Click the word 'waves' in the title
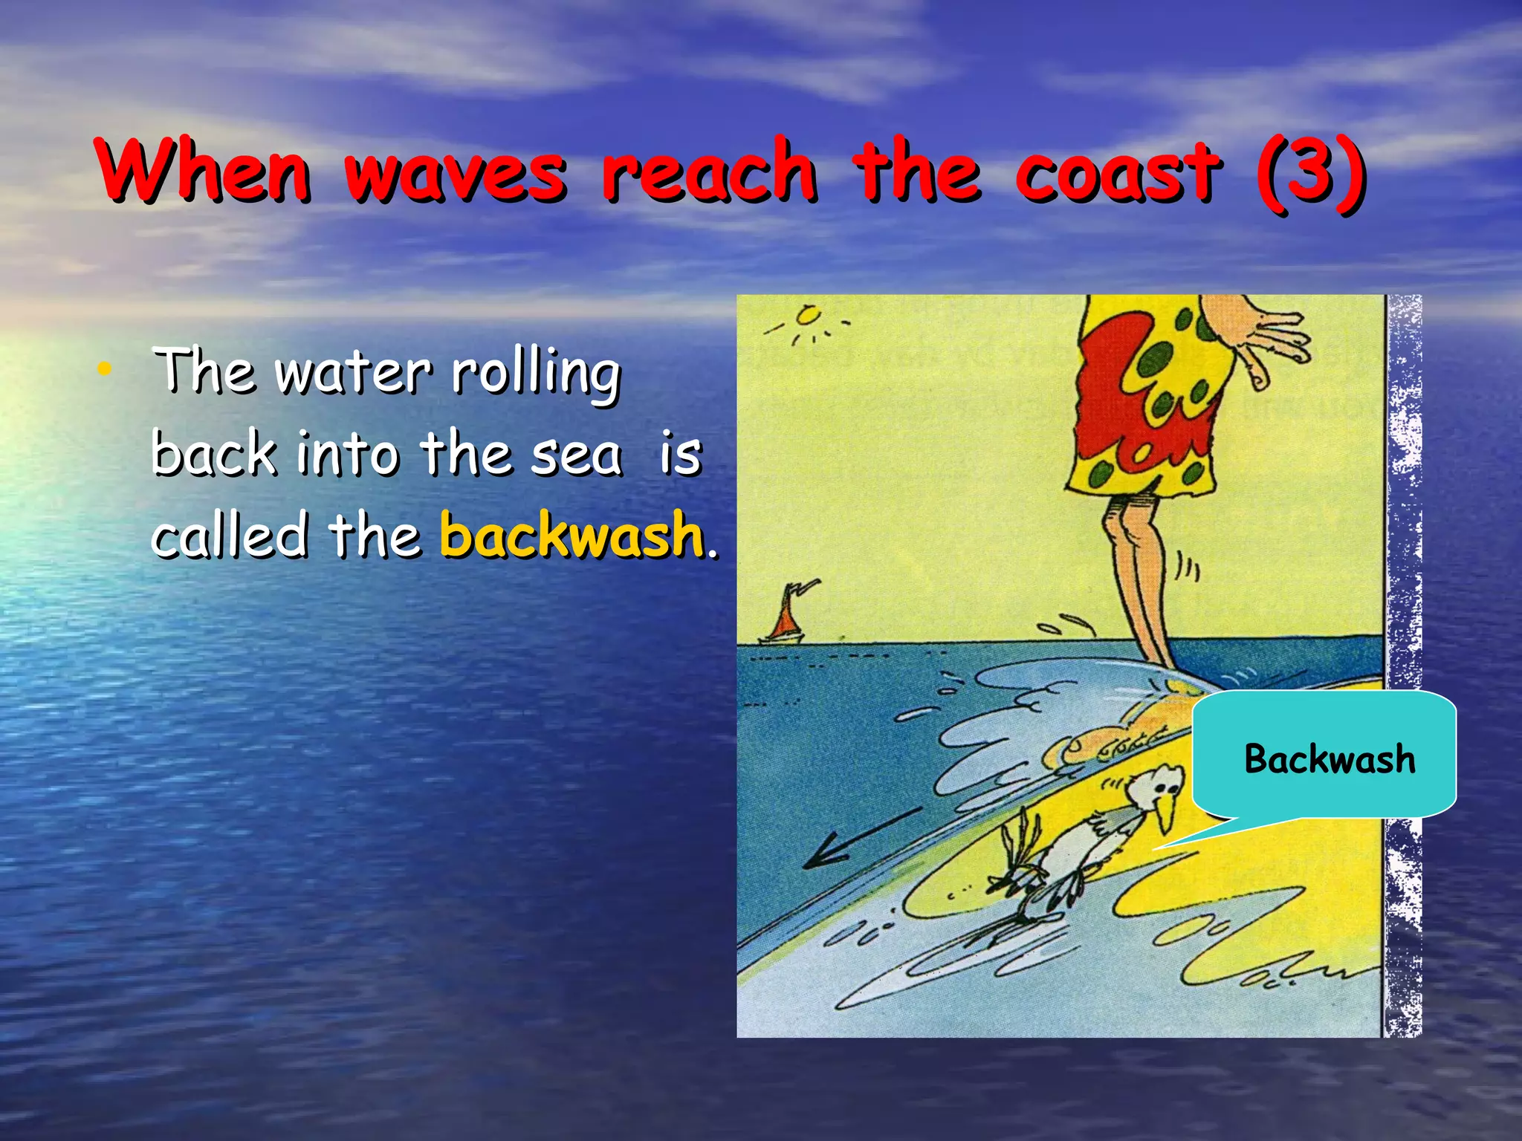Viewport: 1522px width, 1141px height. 456,172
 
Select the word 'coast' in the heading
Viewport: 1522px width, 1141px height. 1117,172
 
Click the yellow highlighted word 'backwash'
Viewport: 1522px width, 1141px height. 571,533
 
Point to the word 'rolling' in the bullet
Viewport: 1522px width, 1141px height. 536,373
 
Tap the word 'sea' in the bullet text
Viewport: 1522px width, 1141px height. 577,455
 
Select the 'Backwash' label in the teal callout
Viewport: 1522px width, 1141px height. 1330,759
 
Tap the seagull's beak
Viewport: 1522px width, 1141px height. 1165,812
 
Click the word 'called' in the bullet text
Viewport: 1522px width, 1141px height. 230,535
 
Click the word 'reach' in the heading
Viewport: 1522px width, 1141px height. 710,172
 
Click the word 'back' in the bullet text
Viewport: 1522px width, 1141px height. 214,454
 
